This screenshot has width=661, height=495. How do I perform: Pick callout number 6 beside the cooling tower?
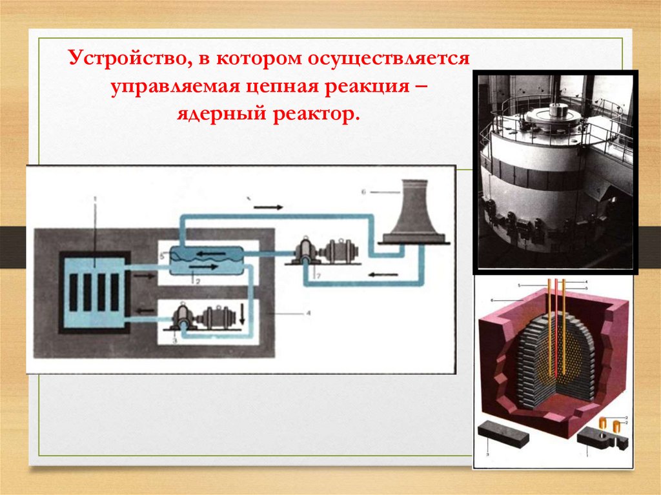point(363,192)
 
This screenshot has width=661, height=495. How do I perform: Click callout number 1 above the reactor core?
point(96,199)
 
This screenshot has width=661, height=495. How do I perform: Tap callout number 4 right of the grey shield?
point(309,314)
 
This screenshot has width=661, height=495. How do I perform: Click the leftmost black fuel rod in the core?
point(73,292)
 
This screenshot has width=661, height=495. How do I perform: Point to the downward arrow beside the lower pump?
point(242,316)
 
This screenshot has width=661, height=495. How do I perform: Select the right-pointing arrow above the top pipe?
point(267,207)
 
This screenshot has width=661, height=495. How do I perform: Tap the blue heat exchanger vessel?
point(205,260)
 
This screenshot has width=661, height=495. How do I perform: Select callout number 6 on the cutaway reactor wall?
point(492,301)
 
